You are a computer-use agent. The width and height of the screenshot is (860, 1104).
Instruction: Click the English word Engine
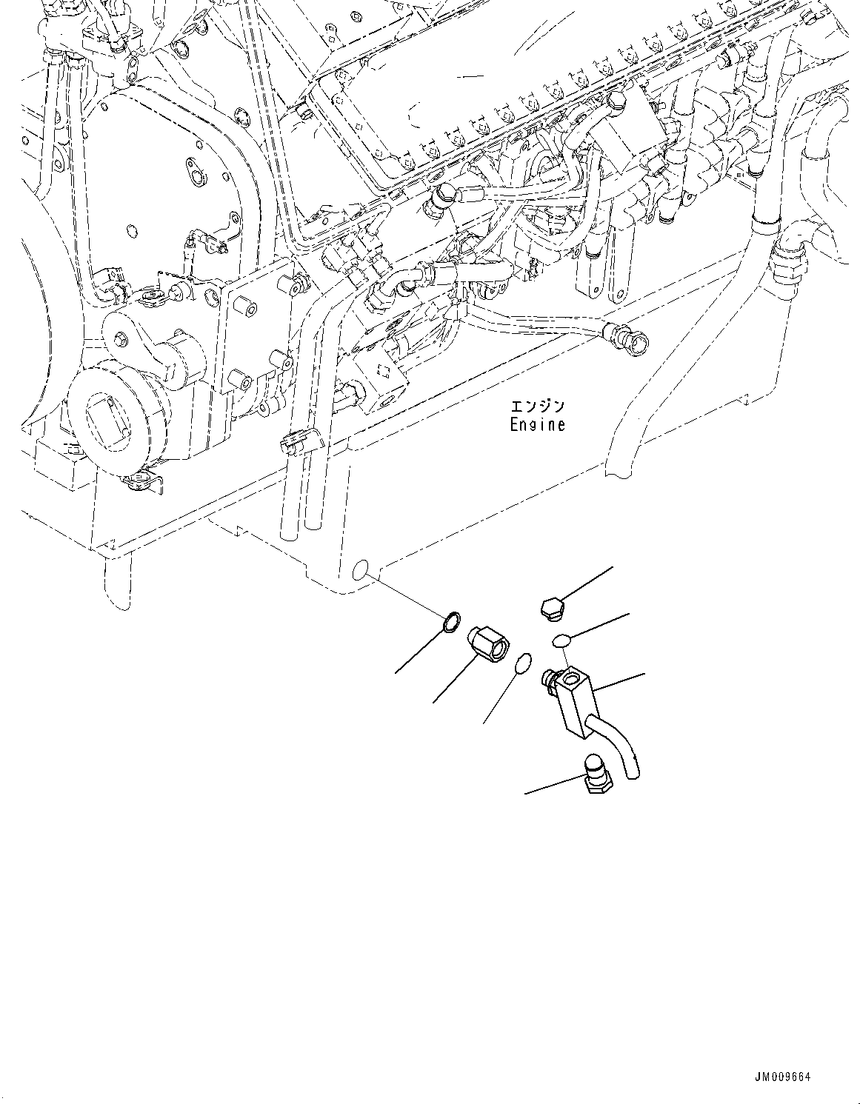537,425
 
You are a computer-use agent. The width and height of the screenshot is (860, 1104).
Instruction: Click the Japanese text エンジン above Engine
537,407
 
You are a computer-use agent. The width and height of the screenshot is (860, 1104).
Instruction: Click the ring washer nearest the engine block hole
450,623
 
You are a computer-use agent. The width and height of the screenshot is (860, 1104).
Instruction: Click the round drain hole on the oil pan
361,569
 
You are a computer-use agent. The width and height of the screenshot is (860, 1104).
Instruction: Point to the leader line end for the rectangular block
643,675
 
